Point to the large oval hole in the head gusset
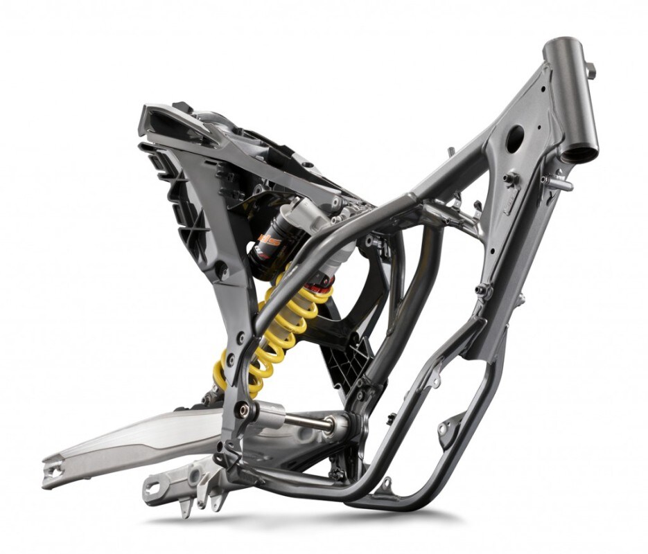coord(515,139)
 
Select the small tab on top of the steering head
coord(590,69)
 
